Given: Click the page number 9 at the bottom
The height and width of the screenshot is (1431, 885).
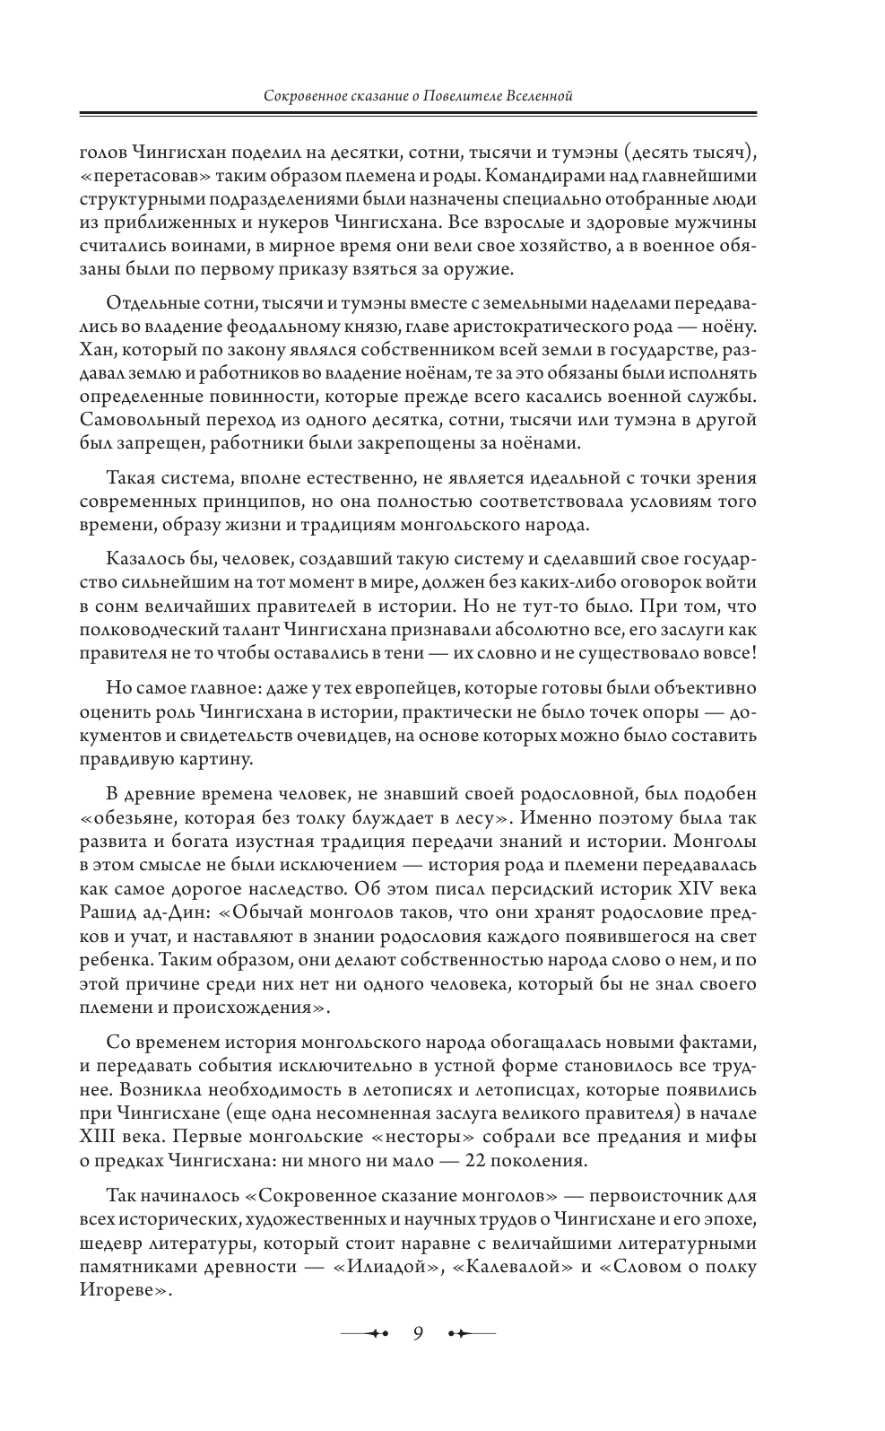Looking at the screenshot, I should [418, 1331].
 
